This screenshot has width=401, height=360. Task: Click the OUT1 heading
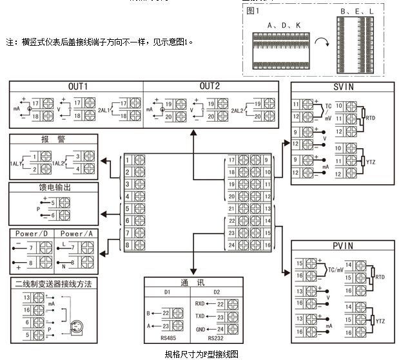coord(78,86)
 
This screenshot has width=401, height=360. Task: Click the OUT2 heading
coord(210,86)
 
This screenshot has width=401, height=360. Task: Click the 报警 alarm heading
coord(54,139)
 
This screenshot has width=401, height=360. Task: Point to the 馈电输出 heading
coord(54,187)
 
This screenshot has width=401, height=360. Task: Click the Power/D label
coord(30,233)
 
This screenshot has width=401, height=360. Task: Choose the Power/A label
coord(76,233)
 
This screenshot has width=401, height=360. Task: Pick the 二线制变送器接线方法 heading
coord(54,283)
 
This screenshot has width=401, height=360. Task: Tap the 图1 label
coord(252,11)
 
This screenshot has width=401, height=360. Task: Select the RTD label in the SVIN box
coord(370,118)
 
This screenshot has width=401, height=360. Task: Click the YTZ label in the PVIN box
coord(380,321)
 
